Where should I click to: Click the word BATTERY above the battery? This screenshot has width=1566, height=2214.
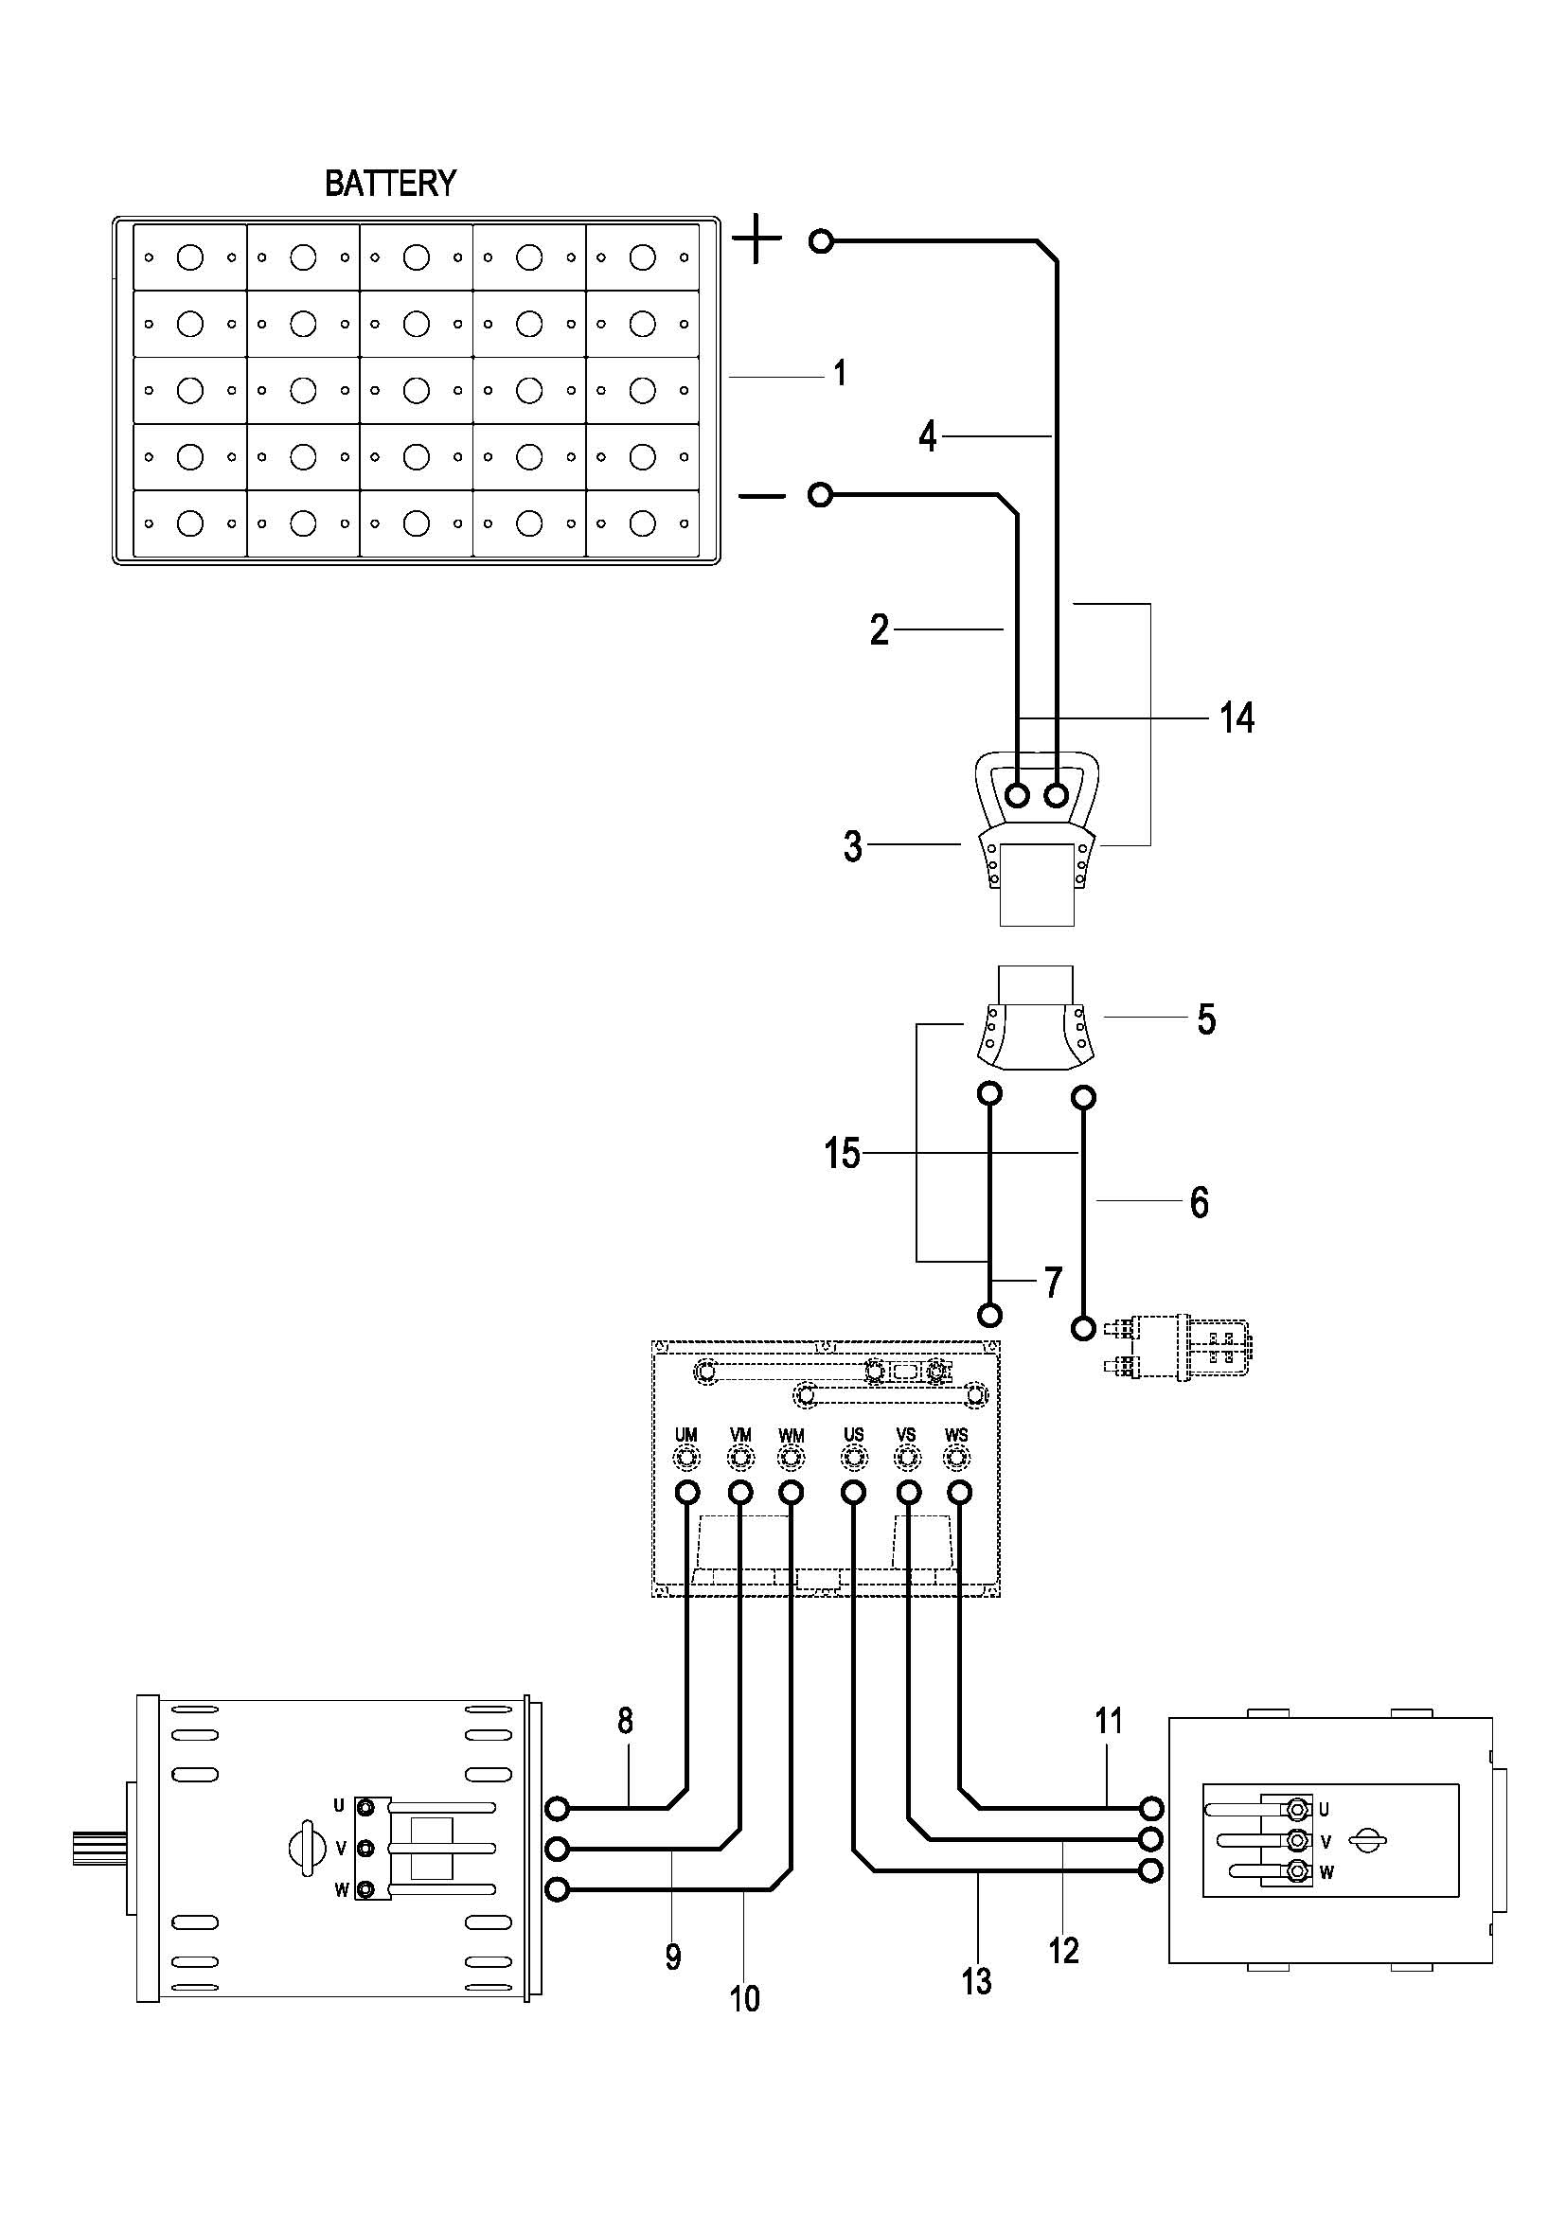[389, 184]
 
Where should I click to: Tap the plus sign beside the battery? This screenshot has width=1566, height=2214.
[757, 240]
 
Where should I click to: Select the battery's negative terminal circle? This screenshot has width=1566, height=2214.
[820, 496]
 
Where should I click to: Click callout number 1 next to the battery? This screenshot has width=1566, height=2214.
[840, 372]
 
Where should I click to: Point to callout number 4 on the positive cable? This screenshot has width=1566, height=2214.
[928, 436]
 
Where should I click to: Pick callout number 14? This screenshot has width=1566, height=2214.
[1237, 718]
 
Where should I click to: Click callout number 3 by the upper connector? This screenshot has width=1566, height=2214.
[852, 846]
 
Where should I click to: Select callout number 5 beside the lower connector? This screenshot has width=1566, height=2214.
[1206, 1019]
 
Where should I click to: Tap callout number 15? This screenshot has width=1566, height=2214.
[842, 1153]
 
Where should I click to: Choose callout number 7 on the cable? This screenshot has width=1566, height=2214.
[1053, 1283]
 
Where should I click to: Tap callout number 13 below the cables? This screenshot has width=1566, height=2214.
[976, 1981]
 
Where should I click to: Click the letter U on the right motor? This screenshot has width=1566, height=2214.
[1324, 1809]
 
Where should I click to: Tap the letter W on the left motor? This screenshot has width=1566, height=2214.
[341, 1891]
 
